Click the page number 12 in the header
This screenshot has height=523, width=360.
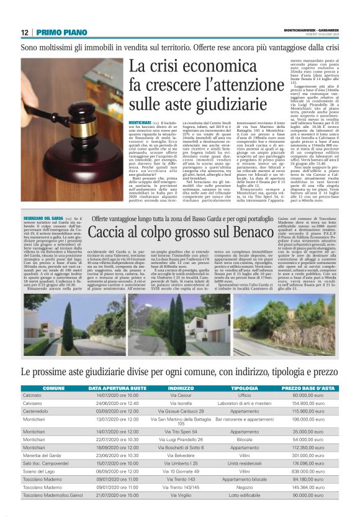[24, 32]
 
